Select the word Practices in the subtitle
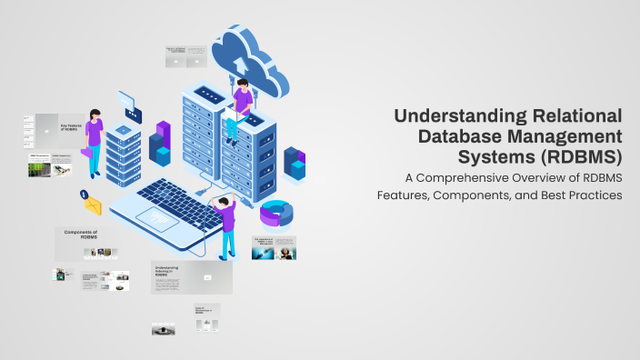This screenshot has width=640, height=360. tap(593, 195)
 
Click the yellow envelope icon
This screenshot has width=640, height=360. tap(93, 206)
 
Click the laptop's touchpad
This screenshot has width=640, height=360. tap(163, 220)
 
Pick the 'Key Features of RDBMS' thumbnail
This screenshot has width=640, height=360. tap(60, 129)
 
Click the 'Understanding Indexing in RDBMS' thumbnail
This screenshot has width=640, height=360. tap(191, 276)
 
